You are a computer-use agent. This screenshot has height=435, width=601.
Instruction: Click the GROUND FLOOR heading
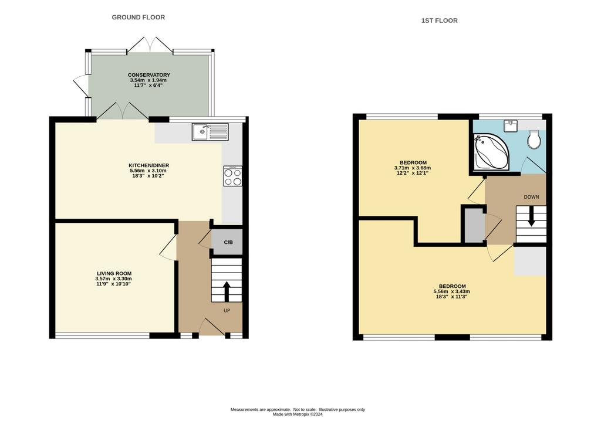139,17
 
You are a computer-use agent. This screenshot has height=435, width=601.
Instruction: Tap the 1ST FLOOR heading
439,21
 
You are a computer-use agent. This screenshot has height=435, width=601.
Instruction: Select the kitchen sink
210,132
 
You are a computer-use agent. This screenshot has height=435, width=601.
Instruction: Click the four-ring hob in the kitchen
232,176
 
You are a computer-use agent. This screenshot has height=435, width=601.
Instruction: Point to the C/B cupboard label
228,242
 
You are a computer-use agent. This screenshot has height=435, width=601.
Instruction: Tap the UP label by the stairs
227,311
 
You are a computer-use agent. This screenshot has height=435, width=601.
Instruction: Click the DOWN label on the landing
531,197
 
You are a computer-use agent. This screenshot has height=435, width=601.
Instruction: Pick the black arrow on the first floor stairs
531,216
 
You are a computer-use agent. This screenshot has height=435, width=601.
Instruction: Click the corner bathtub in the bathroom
491,152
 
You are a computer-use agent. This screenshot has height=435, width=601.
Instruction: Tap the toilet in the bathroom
534,140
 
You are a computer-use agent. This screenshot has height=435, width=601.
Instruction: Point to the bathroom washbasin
512,125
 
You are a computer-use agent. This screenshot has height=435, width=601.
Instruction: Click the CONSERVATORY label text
148,75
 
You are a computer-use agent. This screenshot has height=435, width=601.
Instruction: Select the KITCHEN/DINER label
148,165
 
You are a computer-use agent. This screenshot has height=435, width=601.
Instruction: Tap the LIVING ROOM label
114,273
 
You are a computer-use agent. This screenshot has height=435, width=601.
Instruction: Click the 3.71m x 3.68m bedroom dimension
413,168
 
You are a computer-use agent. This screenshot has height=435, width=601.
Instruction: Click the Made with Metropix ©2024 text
298,414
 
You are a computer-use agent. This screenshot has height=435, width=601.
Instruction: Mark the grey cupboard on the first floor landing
474,225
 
